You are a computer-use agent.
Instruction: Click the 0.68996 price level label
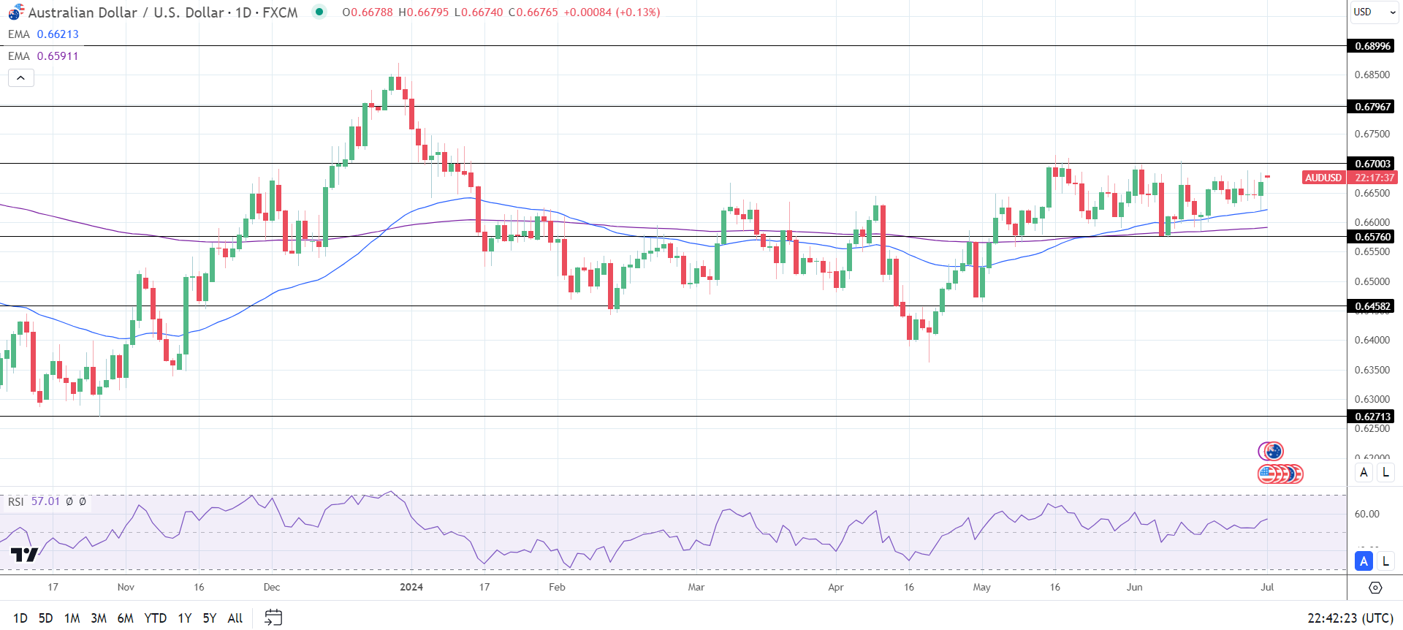pos(1372,46)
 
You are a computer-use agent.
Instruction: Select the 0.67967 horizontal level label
pos(1372,107)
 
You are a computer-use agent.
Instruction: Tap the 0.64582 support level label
pos(1372,306)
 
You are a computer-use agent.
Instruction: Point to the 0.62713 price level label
pos(1372,417)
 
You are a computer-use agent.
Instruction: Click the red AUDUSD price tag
pos(1323,178)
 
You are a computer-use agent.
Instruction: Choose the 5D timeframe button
pos(45,618)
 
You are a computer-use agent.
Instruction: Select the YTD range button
pos(155,618)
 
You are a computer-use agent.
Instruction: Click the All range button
pos(235,618)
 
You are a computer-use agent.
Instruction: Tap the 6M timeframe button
pos(125,618)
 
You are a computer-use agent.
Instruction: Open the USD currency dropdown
pos(1372,12)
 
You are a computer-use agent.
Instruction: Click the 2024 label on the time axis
pos(411,587)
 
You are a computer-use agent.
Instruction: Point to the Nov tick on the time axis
pos(126,587)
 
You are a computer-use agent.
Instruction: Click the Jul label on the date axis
pos(1267,587)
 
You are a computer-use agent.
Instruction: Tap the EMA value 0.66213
pos(58,34)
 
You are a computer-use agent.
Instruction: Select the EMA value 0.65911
pos(58,56)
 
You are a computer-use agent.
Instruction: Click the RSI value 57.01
pos(45,501)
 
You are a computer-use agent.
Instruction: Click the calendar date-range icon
pos(273,618)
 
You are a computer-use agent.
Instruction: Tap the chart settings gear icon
pos(1375,588)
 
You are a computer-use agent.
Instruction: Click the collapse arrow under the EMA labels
pos(21,77)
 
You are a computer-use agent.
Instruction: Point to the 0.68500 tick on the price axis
pos(1372,75)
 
